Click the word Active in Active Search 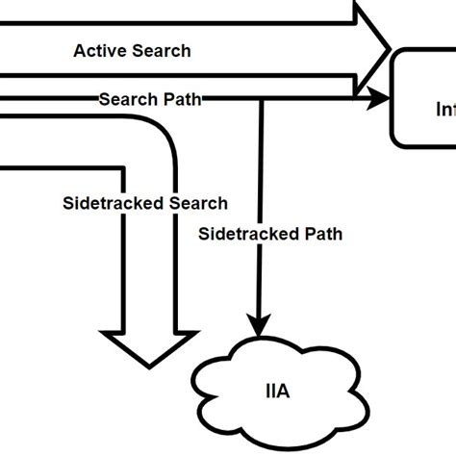coord(98,50)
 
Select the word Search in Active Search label coord(158,50)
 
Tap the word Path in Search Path coord(183,98)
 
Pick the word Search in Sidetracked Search coord(197,203)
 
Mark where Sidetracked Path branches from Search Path coord(259,98)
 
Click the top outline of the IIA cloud coord(279,346)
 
